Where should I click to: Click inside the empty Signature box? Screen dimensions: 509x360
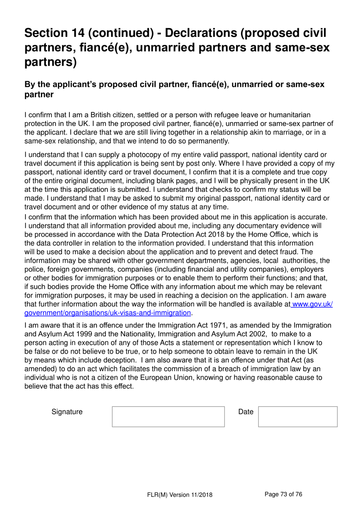click(x=168, y=416)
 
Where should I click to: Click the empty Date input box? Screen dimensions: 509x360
click(x=297, y=416)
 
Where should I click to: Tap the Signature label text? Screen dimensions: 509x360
click(x=67, y=412)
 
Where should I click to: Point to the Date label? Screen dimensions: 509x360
click(x=246, y=412)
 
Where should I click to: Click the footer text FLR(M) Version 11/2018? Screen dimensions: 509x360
click(x=180, y=495)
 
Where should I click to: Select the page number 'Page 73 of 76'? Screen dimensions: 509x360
click(x=283, y=494)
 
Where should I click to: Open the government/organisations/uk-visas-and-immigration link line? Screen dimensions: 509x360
click(x=108, y=313)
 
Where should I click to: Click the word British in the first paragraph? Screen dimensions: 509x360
click(x=104, y=115)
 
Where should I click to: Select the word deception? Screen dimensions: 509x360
click(x=117, y=360)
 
